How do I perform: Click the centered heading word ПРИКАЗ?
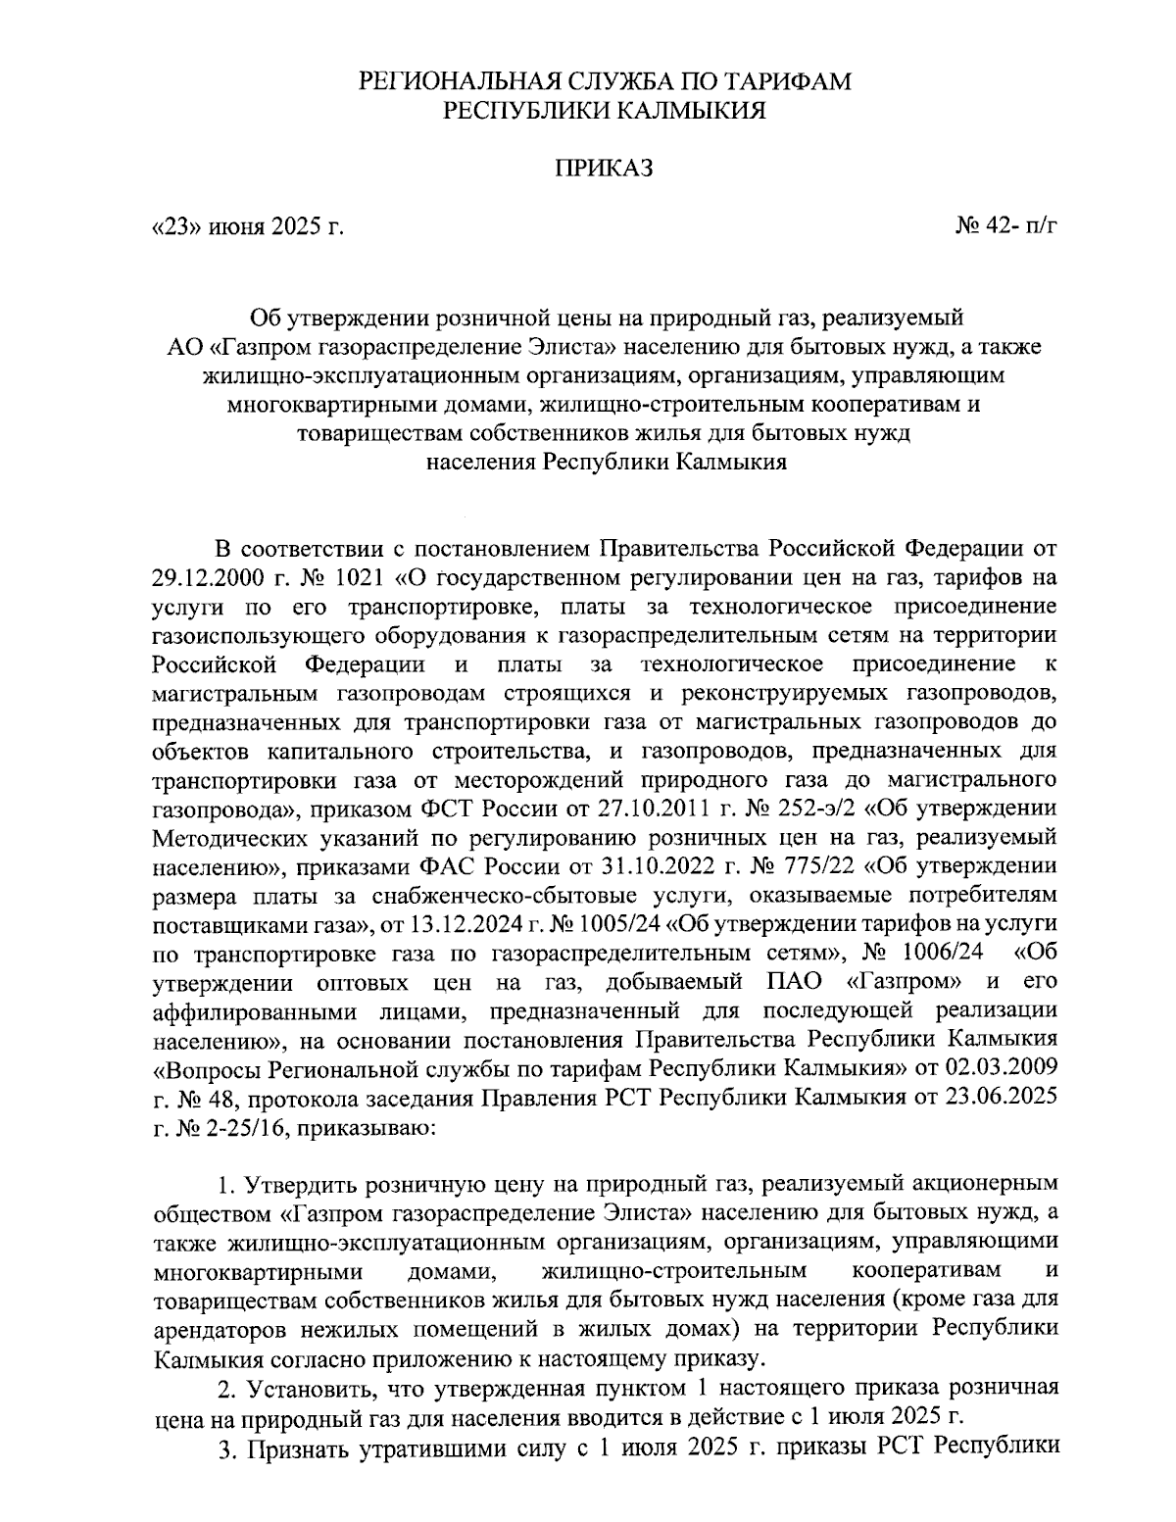coord(604,170)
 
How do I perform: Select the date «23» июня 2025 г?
coord(249,228)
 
